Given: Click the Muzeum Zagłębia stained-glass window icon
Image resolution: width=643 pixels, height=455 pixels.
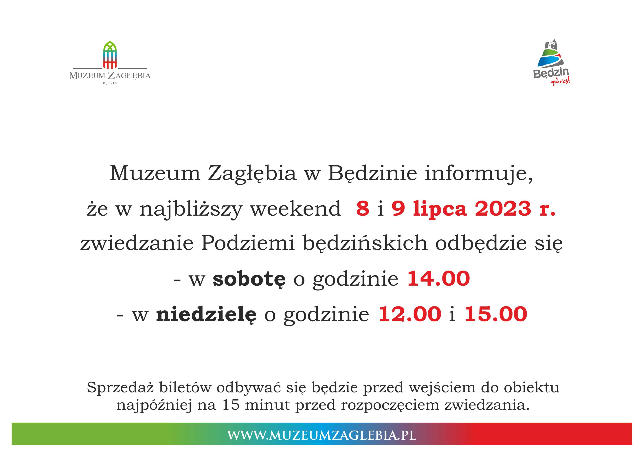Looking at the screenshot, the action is (110, 55).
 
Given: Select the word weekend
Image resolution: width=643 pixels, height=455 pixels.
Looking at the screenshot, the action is (296, 209).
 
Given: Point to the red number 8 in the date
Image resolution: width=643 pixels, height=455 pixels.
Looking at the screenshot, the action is (363, 209).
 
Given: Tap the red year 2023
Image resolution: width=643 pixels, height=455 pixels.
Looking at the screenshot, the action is (503, 209).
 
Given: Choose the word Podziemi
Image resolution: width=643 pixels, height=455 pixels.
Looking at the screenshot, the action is (248, 243).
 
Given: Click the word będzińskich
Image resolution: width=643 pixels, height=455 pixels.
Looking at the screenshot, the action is (365, 243).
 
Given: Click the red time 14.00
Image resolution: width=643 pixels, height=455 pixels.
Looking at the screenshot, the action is (438, 279).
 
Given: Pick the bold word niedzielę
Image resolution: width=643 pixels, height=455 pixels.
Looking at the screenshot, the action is (206, 314).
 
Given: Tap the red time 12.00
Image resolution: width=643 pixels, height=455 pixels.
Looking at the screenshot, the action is (410, 314).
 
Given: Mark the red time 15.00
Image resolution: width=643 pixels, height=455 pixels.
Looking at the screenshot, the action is (496, 314).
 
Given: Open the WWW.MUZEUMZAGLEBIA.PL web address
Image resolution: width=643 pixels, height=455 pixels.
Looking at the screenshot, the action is (321, 435).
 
